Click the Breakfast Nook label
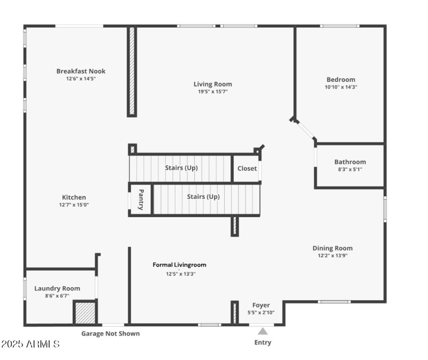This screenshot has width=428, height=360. point(81,71)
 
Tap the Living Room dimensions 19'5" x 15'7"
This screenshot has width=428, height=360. point(212,91)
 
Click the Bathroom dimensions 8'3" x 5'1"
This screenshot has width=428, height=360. point(350,169)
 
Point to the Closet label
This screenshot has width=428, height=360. point(247,168)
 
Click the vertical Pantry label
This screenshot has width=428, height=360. point(141,199)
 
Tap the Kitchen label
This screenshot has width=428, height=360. point(73,197)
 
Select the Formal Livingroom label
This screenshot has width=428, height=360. point(179,265)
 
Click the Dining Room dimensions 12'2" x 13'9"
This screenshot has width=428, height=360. point(332,255)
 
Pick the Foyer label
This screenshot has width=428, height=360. point(261,305)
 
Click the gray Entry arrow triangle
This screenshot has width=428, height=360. point(263,331)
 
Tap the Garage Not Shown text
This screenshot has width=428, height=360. point(110,334)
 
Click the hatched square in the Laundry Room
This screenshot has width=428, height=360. point(85,312)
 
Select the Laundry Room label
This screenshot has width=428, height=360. point(57,288)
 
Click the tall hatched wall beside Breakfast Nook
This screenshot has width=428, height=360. point(132,71)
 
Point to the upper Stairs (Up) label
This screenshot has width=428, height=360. point(181,167)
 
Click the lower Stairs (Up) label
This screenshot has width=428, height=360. point(203,196)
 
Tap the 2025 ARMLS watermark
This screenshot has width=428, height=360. point(30,344)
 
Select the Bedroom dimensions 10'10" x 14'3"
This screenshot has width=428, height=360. point(340,87)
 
